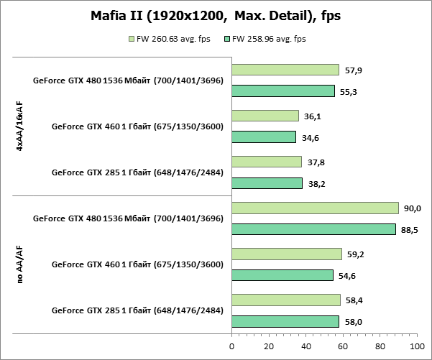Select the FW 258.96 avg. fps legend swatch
click(x=228, y=39)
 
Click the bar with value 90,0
click(x=315, y=208)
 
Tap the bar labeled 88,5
click(x=313, y=229)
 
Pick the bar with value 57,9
click(x=285, y=70)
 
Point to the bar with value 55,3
click(x=283, y=91)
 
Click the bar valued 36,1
click(x=265, y=116)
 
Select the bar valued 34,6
click(x=264, y=137)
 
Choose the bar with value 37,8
click(x=267, y=162)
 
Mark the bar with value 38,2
click(x=267, y=183)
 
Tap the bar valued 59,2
click(x=287, y=254)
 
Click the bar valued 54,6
click(x=282, y=275)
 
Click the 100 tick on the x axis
click(x=416, y=346)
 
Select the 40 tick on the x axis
click(x=305, y=346)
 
